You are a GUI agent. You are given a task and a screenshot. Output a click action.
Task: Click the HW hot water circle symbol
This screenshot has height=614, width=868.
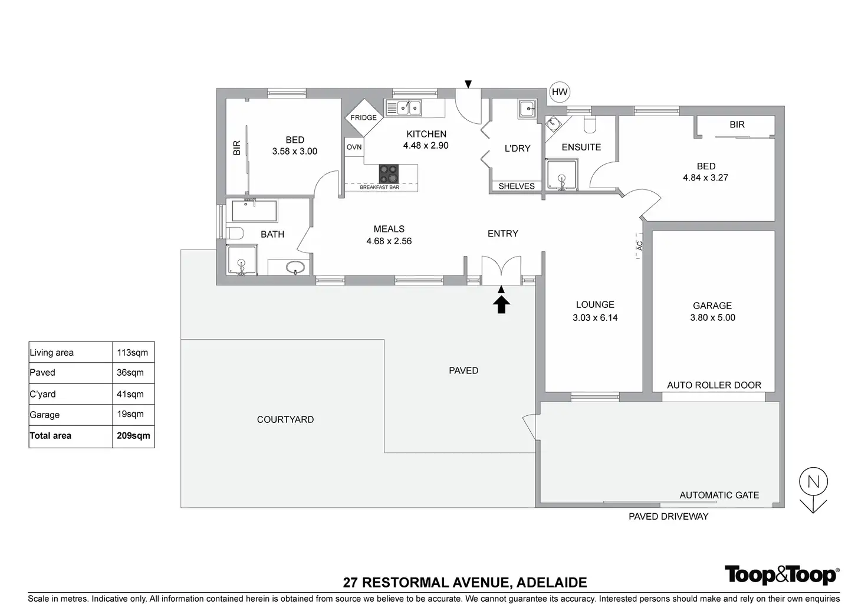point(559,92)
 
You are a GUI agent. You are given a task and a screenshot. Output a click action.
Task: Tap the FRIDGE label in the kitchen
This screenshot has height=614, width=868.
point(363,117)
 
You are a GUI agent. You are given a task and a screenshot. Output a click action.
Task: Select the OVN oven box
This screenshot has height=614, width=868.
point(354,147)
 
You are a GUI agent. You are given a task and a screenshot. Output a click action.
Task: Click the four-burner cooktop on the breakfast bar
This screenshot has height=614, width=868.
point(389,173)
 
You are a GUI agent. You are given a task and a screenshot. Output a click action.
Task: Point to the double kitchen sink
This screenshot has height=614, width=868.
point(404,108)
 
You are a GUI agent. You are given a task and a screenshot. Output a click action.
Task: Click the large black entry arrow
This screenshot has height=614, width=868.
point(501,304)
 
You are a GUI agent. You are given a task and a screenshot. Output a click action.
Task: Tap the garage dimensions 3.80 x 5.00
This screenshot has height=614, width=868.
point(712,317)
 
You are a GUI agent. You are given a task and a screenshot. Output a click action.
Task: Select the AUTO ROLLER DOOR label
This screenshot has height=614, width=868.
point(714,385)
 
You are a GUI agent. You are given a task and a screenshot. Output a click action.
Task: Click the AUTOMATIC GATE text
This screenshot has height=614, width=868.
point(719,495)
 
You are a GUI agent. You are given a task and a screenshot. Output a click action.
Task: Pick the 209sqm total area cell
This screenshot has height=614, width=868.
point(133,436)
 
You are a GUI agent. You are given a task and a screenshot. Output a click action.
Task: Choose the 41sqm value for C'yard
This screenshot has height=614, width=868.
point(130,394)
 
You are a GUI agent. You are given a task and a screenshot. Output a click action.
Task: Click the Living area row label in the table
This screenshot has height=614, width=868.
point(52,353)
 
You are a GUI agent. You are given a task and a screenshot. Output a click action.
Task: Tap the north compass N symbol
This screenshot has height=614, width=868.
point(813,482)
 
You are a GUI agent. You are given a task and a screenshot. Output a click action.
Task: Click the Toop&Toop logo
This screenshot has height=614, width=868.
point(781,575)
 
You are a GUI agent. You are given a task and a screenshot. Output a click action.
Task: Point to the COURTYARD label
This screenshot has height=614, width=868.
point(285,419)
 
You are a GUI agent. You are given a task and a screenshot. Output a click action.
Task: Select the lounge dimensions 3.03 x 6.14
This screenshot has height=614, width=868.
point(595,317)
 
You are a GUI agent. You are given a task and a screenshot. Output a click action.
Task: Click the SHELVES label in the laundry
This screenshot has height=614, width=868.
point(517,186)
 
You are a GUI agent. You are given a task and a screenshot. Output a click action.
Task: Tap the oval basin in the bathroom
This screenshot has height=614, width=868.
point(295,268)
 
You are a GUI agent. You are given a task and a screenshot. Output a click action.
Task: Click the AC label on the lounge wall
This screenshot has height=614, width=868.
point(640,245)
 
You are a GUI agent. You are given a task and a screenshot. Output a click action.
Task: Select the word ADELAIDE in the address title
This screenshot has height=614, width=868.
point(551,583)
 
